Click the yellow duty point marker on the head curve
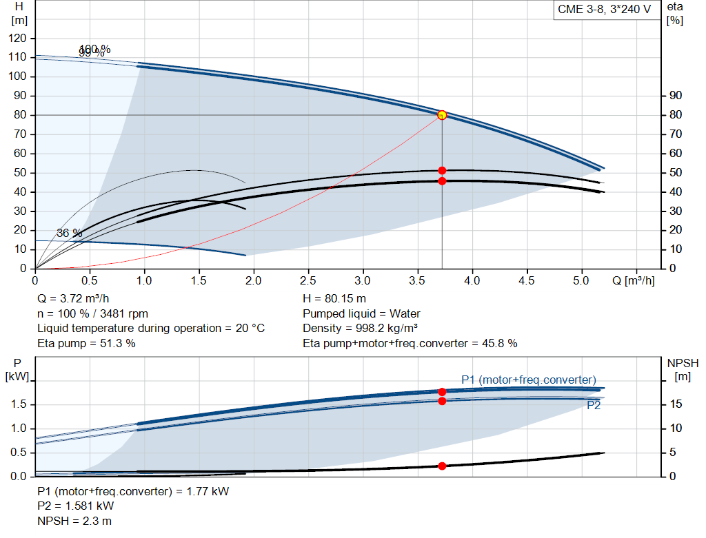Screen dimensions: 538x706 (442, 115)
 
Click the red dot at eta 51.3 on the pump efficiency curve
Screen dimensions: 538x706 (442, 170)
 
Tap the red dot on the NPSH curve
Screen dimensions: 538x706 (442, 466)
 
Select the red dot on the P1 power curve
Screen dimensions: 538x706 (442, 392)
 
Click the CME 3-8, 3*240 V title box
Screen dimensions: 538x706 (605, 10)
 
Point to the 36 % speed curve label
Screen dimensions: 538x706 (69, 234)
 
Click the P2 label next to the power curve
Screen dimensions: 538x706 (594, 406)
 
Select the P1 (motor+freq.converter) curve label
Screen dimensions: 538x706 (528, 380)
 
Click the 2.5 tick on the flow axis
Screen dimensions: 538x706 (308, 281)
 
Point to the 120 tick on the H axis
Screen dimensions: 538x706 (19, 38)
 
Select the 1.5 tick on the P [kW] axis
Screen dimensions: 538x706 (20, 404)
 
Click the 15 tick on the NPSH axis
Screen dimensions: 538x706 (676, 404)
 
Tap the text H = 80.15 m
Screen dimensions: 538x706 (335, 300)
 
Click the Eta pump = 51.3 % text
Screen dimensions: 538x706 (86, 343)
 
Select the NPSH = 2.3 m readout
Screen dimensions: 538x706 (74, 521)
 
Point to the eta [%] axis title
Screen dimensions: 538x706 (675, 13)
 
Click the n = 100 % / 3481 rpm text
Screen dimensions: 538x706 (92, 314)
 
